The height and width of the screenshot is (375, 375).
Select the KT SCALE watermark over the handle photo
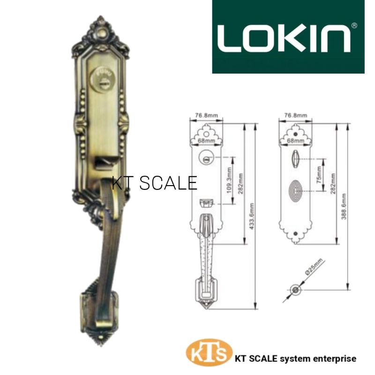(155, 183)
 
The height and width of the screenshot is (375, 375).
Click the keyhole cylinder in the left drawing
(205, 157)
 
